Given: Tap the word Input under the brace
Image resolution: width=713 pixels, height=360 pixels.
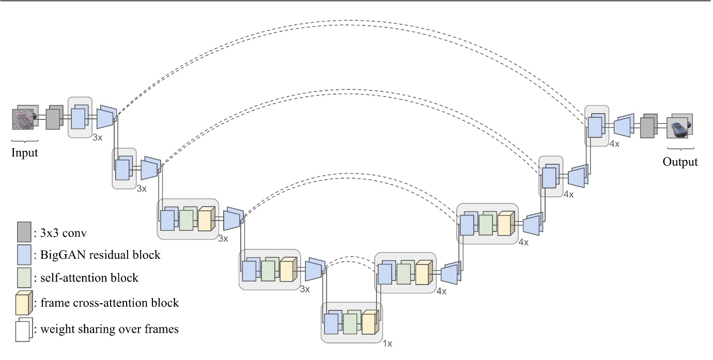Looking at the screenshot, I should tap(25, 153).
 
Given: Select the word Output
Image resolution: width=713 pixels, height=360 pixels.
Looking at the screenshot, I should tap(680, 162).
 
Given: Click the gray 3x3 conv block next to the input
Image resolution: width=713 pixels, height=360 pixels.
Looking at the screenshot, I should tap(53, 119).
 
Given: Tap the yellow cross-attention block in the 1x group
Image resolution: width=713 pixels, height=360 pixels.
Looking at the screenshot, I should tap(369, 323).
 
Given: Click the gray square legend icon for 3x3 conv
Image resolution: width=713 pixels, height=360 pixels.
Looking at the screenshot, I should tap(23, 232).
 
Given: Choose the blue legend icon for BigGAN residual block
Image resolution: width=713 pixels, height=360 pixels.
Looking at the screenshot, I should tap(23, 255).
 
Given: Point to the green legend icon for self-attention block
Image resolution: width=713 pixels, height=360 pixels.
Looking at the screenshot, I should tap(23, 277).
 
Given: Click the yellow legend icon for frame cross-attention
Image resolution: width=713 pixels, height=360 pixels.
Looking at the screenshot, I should tap(23, 303).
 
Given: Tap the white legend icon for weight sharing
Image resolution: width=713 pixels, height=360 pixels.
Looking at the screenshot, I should tap(23, 330).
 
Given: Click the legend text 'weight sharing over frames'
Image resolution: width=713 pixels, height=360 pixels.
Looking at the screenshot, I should tap(110, 328).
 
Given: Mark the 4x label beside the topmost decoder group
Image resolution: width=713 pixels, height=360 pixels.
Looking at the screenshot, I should tap(614, 144).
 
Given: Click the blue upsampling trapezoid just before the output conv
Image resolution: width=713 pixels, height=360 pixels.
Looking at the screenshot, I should tap(623, 127).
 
